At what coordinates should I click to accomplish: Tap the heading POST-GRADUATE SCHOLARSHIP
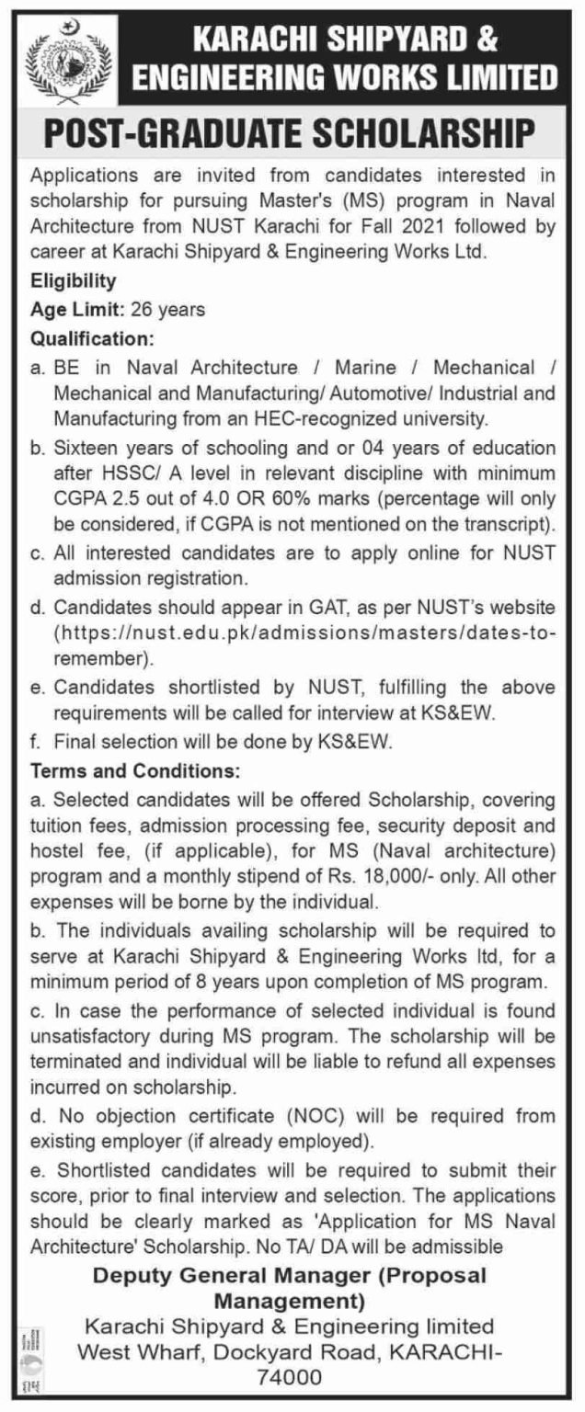(x=292, y=131)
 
